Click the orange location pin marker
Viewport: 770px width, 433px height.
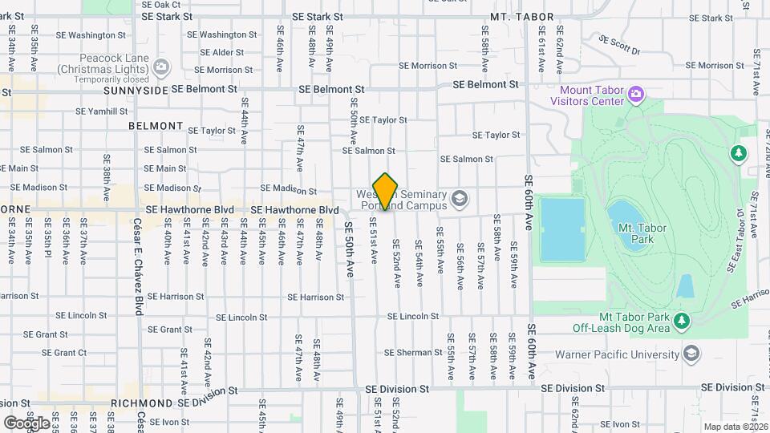[x=386, y=191]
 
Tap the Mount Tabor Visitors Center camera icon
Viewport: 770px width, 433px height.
[x=636, y=95]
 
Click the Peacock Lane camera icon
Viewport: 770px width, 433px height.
[x=161, y=65]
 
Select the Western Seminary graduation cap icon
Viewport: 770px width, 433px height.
[x=460, y=198]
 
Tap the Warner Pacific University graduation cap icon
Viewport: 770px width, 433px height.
[x=690, y=354]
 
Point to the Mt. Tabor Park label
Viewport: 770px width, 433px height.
[x=642, y=233]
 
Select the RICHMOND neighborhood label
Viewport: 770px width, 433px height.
[x=142, y=403]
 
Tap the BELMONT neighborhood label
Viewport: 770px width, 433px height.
[x=156, y=126]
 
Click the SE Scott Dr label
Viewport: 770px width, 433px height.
[x=619, y=45]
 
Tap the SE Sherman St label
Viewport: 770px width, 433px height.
[x=413, y=353]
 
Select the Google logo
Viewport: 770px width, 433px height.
[x=26, y=423]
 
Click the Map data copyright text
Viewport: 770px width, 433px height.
[x=735, y=427]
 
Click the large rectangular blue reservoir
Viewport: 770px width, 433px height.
[x=561, y=230]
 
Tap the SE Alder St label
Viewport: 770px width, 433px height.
[x=217, y=53]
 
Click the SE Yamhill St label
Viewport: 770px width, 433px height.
[x=103, y=111]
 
